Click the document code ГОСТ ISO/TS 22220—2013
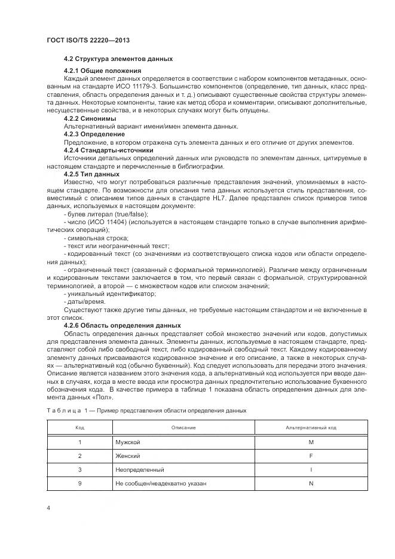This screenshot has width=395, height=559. [x=88, y=40]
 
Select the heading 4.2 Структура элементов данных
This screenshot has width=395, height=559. [x=118, y=59]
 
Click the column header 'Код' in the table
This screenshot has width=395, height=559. [x=79, y=428]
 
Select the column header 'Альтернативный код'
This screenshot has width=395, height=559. [x=311, y=428]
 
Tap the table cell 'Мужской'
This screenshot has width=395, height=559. [x=128, y=442]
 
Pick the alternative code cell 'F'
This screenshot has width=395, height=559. [x=311, y=456]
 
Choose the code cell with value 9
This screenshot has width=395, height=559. [x=79, y=483]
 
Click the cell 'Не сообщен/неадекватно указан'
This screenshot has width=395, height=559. [x=161, y=483]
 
